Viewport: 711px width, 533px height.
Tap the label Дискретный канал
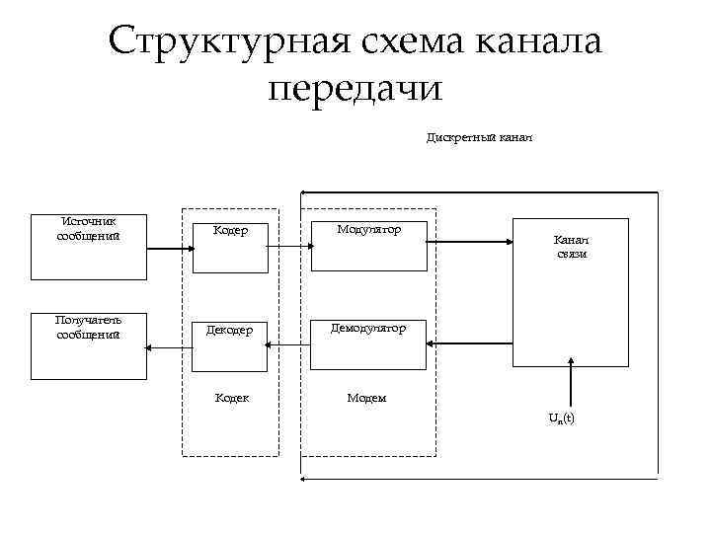pyautogui.click(x=480, y=137)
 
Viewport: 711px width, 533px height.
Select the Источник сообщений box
pyautogui.click(x=89, y=247)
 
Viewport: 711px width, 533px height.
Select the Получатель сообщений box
pyautogui.click(x=89, y=346)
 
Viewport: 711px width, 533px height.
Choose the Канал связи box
pyautogui.click(x=570, y=292)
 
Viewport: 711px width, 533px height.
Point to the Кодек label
pyautogui.click(x=232, y=399)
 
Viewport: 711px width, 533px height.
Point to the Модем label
pyautogui.click(x=366, y=399)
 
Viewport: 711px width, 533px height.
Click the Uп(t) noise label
pyautogui.click(x=562, y=419)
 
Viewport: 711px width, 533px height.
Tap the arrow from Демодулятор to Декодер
pyautogui.click(x=289, y=344)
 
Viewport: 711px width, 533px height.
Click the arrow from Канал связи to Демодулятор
pyautogui.click(x=469, y=343)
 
